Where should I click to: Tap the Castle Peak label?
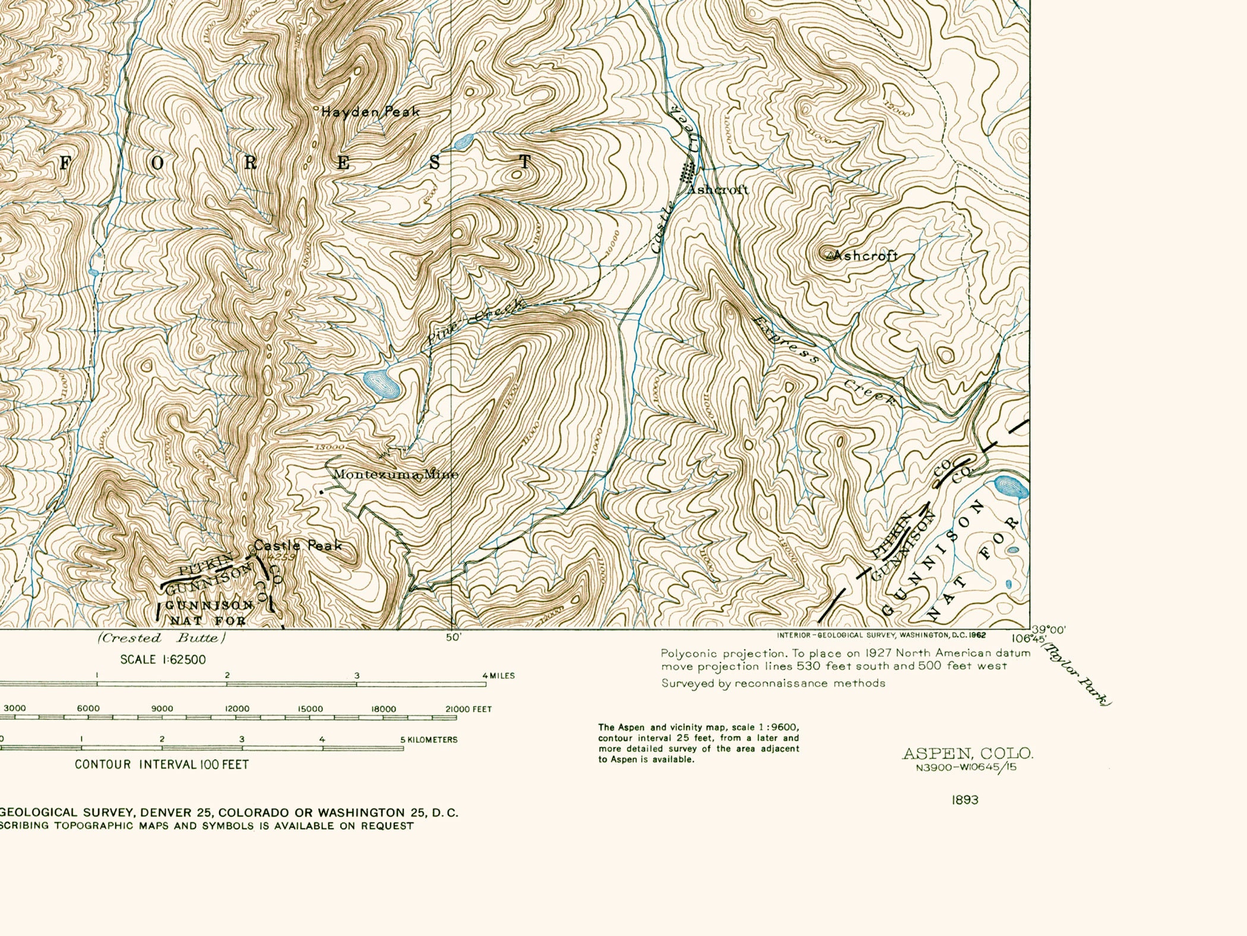pos(298,545)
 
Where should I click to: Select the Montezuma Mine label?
pos(395,475)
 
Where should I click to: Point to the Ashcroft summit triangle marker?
pos(829,255)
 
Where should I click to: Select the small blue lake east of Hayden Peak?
pos(463,141)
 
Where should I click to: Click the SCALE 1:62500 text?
pos(163,660)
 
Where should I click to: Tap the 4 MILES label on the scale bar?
pos(498,676)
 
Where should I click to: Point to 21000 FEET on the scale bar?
pos(469,709)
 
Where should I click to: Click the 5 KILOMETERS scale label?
pos(429,740)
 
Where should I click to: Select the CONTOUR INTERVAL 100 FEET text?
pos(162,765)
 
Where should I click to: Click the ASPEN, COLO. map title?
pos(967,754)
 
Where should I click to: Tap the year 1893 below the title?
pos(964,800)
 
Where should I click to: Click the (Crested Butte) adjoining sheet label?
pos(162,638)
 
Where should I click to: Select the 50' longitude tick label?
pos(454,638)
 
